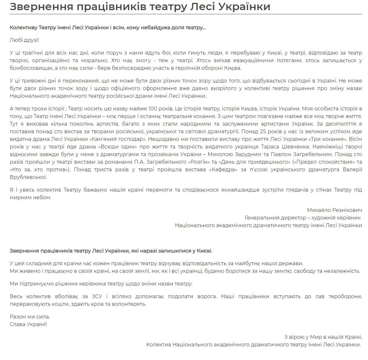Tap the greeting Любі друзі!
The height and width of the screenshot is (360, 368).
point(24,40)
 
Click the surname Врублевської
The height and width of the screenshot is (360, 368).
point(28,177)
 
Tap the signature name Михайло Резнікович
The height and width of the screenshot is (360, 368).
point(334,210)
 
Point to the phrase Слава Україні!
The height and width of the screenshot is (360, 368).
point(28,324)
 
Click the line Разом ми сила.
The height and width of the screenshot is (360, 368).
point(30,317)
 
